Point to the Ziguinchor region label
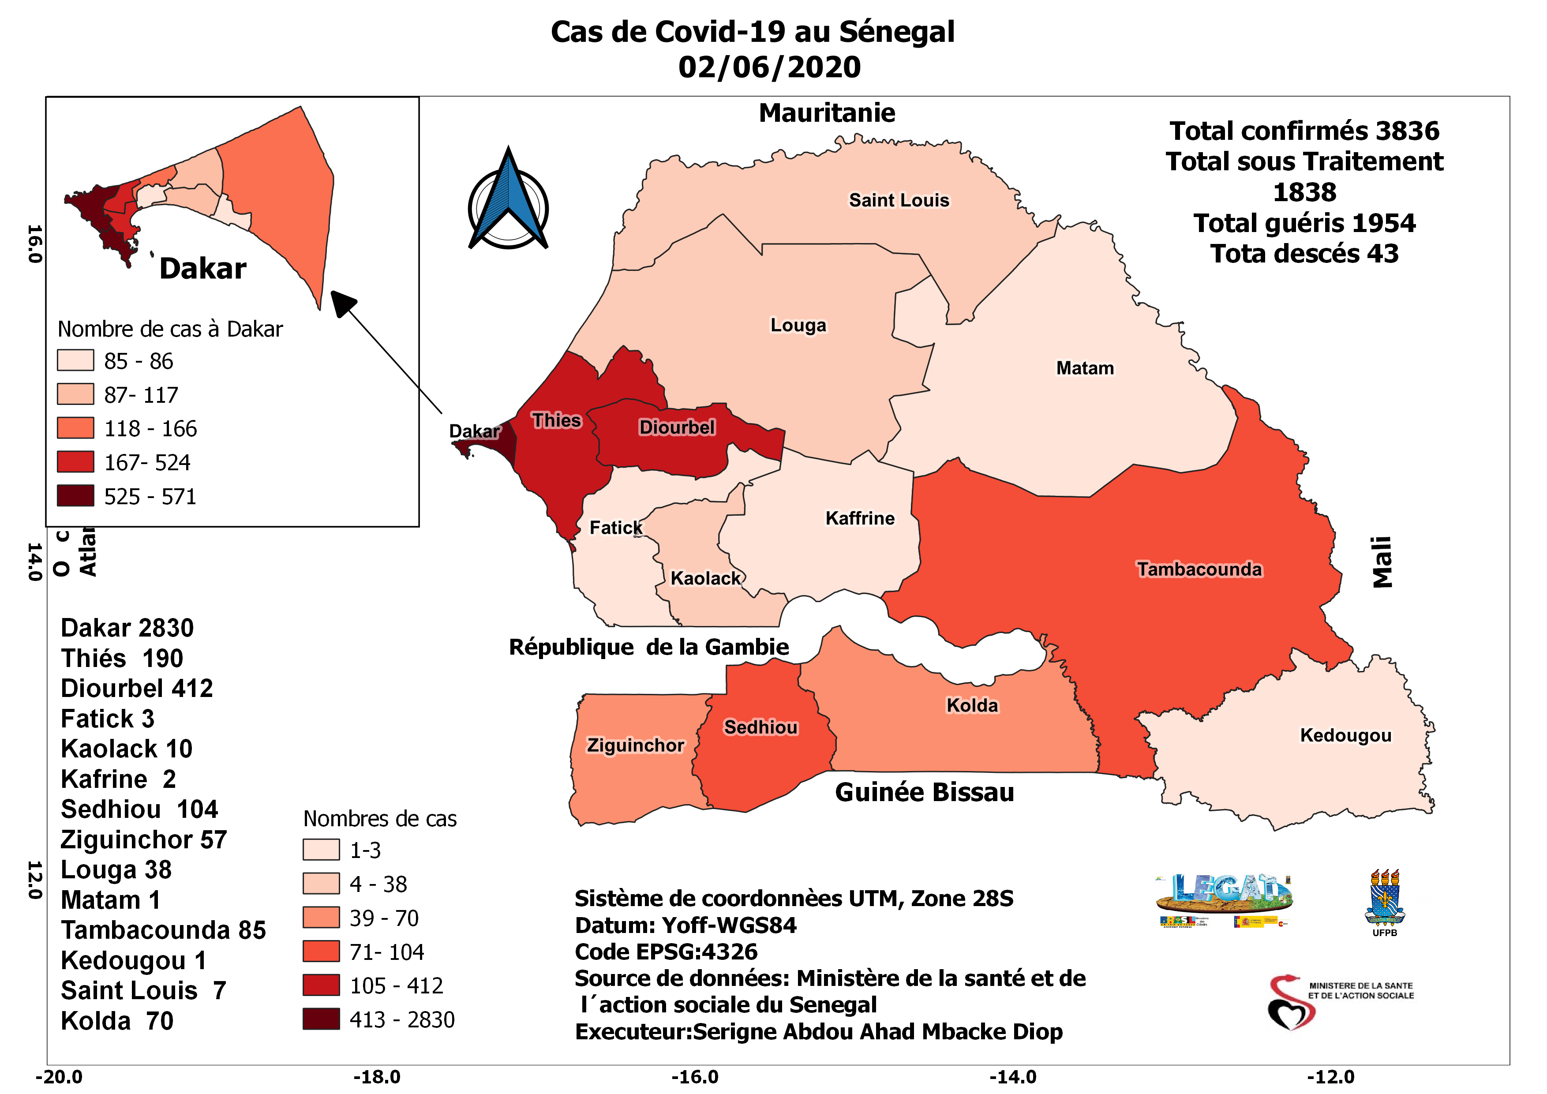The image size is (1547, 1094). tap(635, 745)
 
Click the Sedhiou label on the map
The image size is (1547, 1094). tap(760, 727)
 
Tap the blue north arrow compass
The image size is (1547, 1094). tap(508, 202)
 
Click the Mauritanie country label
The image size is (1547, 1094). tap(827, 113)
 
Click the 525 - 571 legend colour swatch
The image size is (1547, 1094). tap(75, 496)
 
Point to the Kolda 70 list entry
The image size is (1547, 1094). tap(117, 1021)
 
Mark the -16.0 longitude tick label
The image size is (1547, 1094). tap(695, 1076)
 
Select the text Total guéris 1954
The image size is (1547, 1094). tap(1304, 223)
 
